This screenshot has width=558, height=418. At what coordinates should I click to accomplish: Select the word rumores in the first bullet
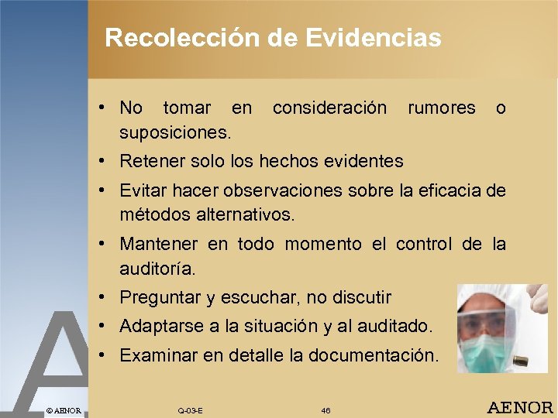[x=441, y=108]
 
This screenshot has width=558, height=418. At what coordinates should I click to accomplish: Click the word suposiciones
[x=175, y=132]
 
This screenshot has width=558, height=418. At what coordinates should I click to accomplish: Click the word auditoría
[x=157, y=269]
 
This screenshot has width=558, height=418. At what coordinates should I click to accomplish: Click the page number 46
[x=325, y=410]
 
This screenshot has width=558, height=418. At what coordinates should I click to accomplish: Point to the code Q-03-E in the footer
[x=190, y=410]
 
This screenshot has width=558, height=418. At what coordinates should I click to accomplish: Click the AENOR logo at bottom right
[x=519, y=407]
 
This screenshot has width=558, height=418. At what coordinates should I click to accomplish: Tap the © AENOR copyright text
[x=63, y=409]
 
